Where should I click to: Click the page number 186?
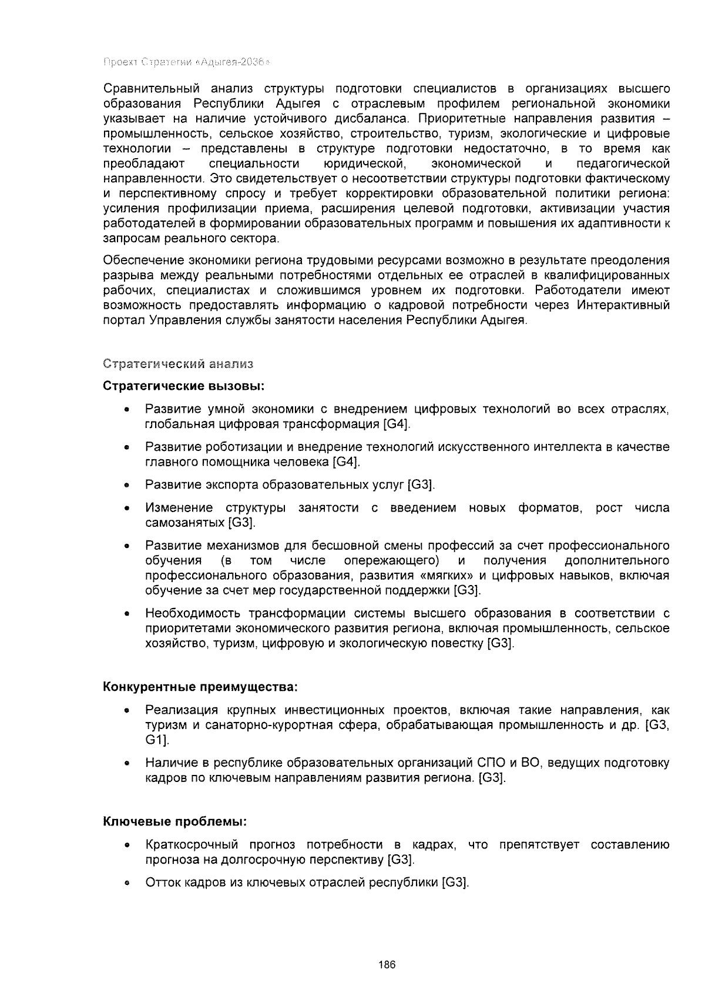pyautogui.click(x=387, y=965)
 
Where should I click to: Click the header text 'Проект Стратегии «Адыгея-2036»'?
pyautogui.click(x=186, y=62)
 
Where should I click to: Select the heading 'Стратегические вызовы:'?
pyautogui.click(x=184, y=386)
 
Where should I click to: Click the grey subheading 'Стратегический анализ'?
pyautogui.click(x=178, y=364)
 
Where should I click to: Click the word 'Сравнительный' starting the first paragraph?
pyautogui.click(x=145, y=89)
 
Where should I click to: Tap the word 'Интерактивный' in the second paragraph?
pyautogui.click(x=623, y=305)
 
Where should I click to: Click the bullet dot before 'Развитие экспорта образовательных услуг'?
pyautogui.click(x=126, y=486)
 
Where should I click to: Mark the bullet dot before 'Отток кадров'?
pyautogui.click(x=126, y=883)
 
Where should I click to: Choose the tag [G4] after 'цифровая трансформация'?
pyautogui.click(x=395, y=424)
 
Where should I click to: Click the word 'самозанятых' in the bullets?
pyautogui.click(x=184, y=523)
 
